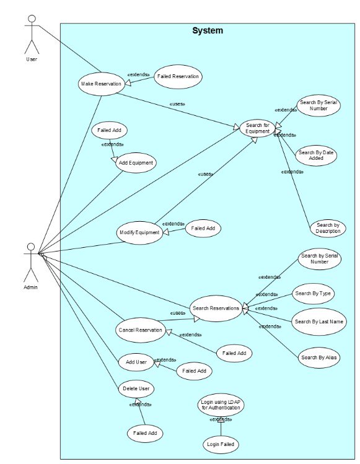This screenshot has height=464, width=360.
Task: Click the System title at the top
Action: [207, 30]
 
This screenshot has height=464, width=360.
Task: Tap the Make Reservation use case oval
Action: [100, 84]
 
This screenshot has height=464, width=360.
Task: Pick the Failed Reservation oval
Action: [178, 76]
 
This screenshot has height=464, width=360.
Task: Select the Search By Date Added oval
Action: [317, 155]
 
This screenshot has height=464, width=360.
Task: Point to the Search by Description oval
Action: [328, 228]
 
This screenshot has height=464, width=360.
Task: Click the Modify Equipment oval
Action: [140, 232]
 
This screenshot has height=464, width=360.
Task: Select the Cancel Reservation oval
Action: [141, 330]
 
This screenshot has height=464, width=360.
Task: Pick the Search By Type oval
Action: [314, 294]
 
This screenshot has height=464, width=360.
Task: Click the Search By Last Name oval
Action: [319, 322]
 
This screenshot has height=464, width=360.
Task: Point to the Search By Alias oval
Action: [319, 357]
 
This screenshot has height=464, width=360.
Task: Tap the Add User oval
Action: [136, 361]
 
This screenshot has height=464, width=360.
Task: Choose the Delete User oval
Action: [136, 388]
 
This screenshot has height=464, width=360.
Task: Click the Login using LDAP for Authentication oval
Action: [221, 406]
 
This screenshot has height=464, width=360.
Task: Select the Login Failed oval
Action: [221, 444]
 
